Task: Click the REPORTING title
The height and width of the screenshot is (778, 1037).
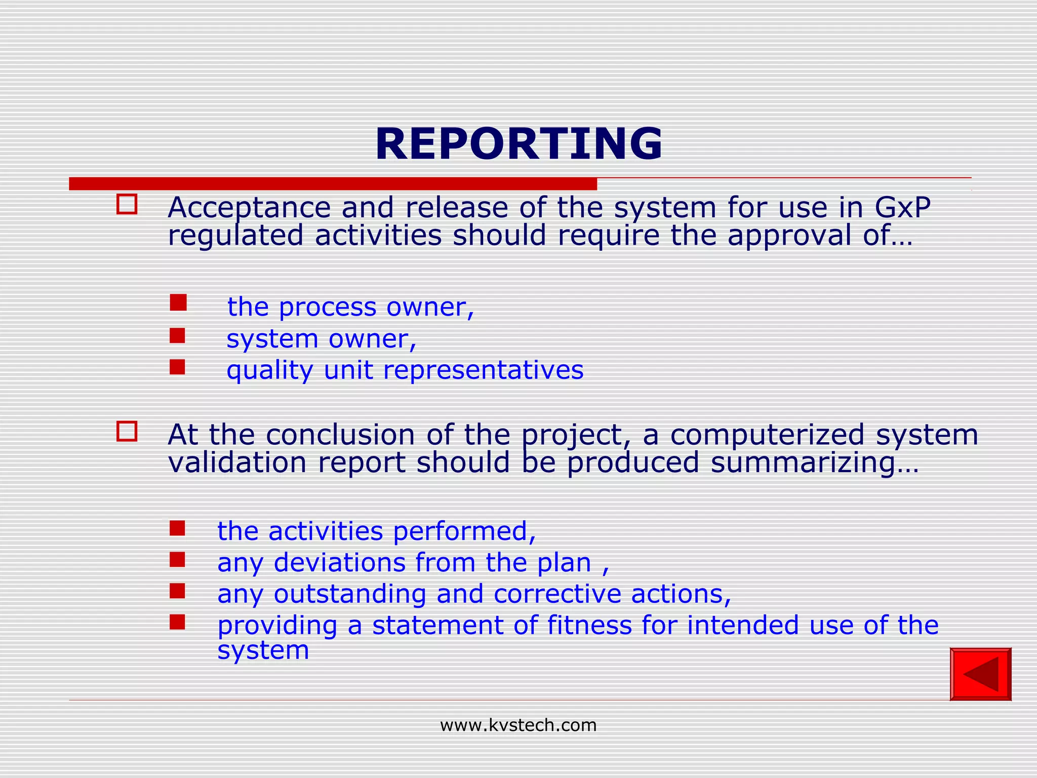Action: point(518,144)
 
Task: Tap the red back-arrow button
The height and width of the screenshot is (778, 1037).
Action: point(980,674)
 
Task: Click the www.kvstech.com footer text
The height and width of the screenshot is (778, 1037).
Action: point(518,725)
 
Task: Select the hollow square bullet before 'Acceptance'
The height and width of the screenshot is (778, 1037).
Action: point(127,204)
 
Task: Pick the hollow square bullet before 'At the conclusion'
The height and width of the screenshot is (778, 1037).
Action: point(127,432)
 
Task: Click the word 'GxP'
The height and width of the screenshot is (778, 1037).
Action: point(902,208)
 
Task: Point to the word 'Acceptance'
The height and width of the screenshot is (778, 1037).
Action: point(249,208)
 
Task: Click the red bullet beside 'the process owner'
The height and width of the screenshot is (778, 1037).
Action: point(178,303)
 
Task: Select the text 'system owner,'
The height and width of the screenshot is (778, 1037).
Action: point(321,338)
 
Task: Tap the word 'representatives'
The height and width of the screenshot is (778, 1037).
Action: point(483,370)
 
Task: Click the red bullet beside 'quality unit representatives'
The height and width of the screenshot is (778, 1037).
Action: point(177,367)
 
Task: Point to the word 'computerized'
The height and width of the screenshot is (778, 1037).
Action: point(767,435)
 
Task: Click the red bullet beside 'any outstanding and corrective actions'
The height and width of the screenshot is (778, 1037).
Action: point(177,591)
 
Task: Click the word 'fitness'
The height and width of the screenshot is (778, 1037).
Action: point(589,625)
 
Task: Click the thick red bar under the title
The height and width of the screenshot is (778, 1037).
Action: point(333,184)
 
